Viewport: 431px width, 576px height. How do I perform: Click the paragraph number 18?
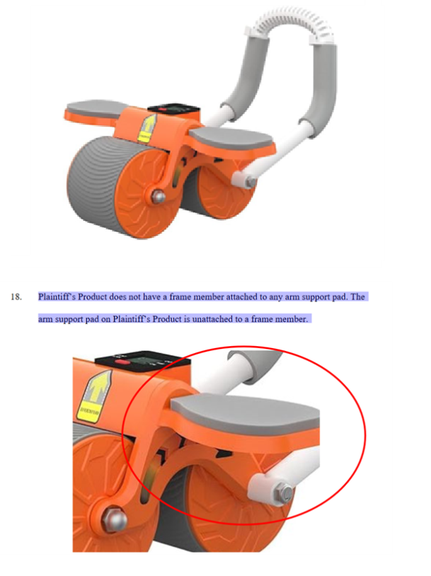(16, 296)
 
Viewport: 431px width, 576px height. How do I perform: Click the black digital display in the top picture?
(174, 110)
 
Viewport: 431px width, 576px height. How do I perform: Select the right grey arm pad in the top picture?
(231, 139)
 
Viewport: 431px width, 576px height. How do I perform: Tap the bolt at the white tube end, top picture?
(251, 181)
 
